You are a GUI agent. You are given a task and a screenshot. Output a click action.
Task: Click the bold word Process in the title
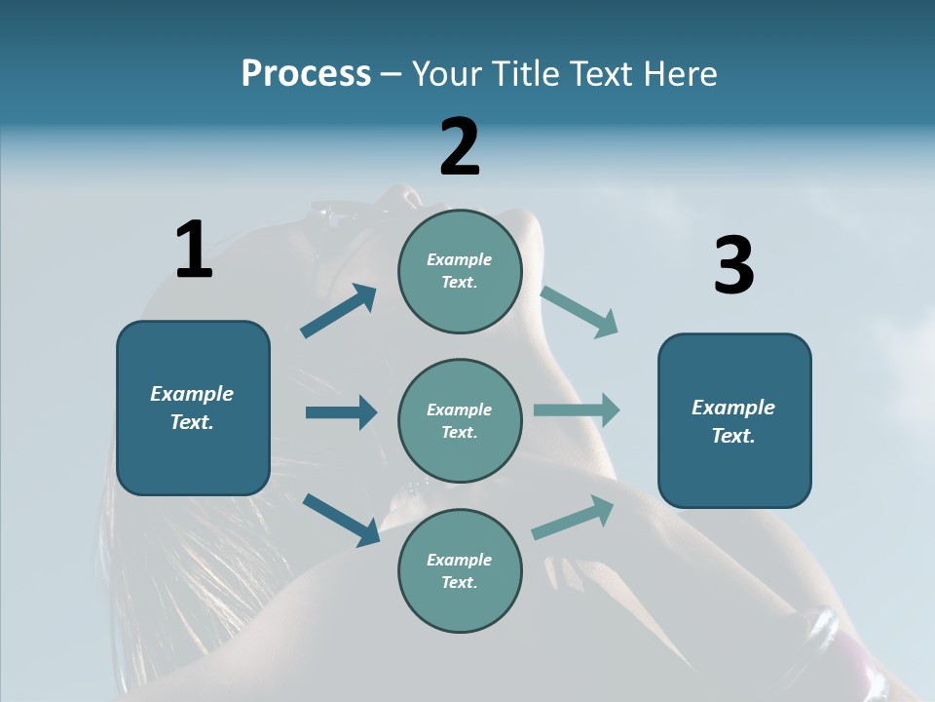(306, 74)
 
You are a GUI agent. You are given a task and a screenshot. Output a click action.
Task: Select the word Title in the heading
(528, 74)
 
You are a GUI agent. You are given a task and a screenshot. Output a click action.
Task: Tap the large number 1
(194, 251)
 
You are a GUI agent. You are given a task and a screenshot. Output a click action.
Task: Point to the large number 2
(460, 148)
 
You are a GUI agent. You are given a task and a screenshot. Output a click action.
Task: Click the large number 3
(733, 266)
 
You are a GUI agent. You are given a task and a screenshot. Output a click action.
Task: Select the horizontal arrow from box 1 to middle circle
(341, 412)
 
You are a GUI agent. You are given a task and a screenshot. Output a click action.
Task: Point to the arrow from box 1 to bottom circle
(341, 519)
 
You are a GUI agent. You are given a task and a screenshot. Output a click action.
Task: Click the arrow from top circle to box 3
(580, 312)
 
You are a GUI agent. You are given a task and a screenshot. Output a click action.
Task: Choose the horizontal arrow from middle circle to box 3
(577, 410)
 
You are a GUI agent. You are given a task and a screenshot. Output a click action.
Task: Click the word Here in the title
(679, 74)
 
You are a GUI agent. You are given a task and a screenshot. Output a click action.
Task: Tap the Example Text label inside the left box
(192, 408)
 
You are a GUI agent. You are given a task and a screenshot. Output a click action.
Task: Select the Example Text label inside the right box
(733, 421)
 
